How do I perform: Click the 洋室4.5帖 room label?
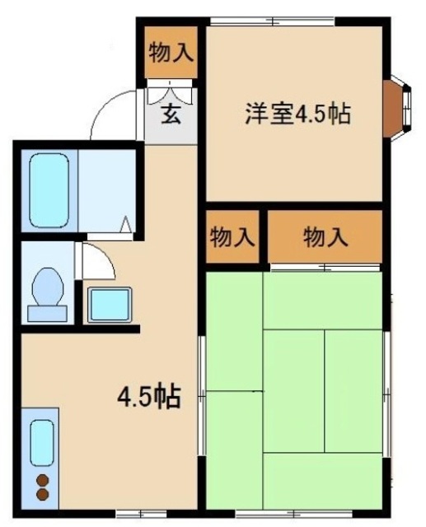coord(297,114)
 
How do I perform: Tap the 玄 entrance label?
coord(171,114)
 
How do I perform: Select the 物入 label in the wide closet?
coord(325,239)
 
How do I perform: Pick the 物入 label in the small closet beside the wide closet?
coord(232,239)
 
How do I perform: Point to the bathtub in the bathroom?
coord(48,189)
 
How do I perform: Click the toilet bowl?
coord(47,292)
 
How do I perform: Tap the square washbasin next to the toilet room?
coord(110,305)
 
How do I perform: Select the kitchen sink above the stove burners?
coord(41,442)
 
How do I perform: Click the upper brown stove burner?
coord(42,481)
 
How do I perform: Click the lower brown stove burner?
coord(42,496)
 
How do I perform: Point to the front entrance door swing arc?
coord(111,115)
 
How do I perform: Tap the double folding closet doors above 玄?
coord(171,91)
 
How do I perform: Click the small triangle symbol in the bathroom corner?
coord(125,224)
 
